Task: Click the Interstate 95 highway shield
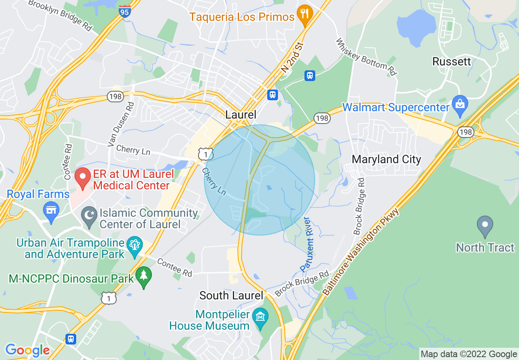125,11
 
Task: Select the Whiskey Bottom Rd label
366,57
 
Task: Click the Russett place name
451,62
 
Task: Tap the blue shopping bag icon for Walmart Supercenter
460,105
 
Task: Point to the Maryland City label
386,159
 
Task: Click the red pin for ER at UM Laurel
83,178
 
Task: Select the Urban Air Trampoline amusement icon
134,245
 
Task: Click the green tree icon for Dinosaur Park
143,277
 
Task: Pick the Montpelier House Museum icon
260,317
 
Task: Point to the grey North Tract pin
485,225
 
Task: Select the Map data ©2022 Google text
469,354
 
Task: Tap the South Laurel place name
231,295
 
